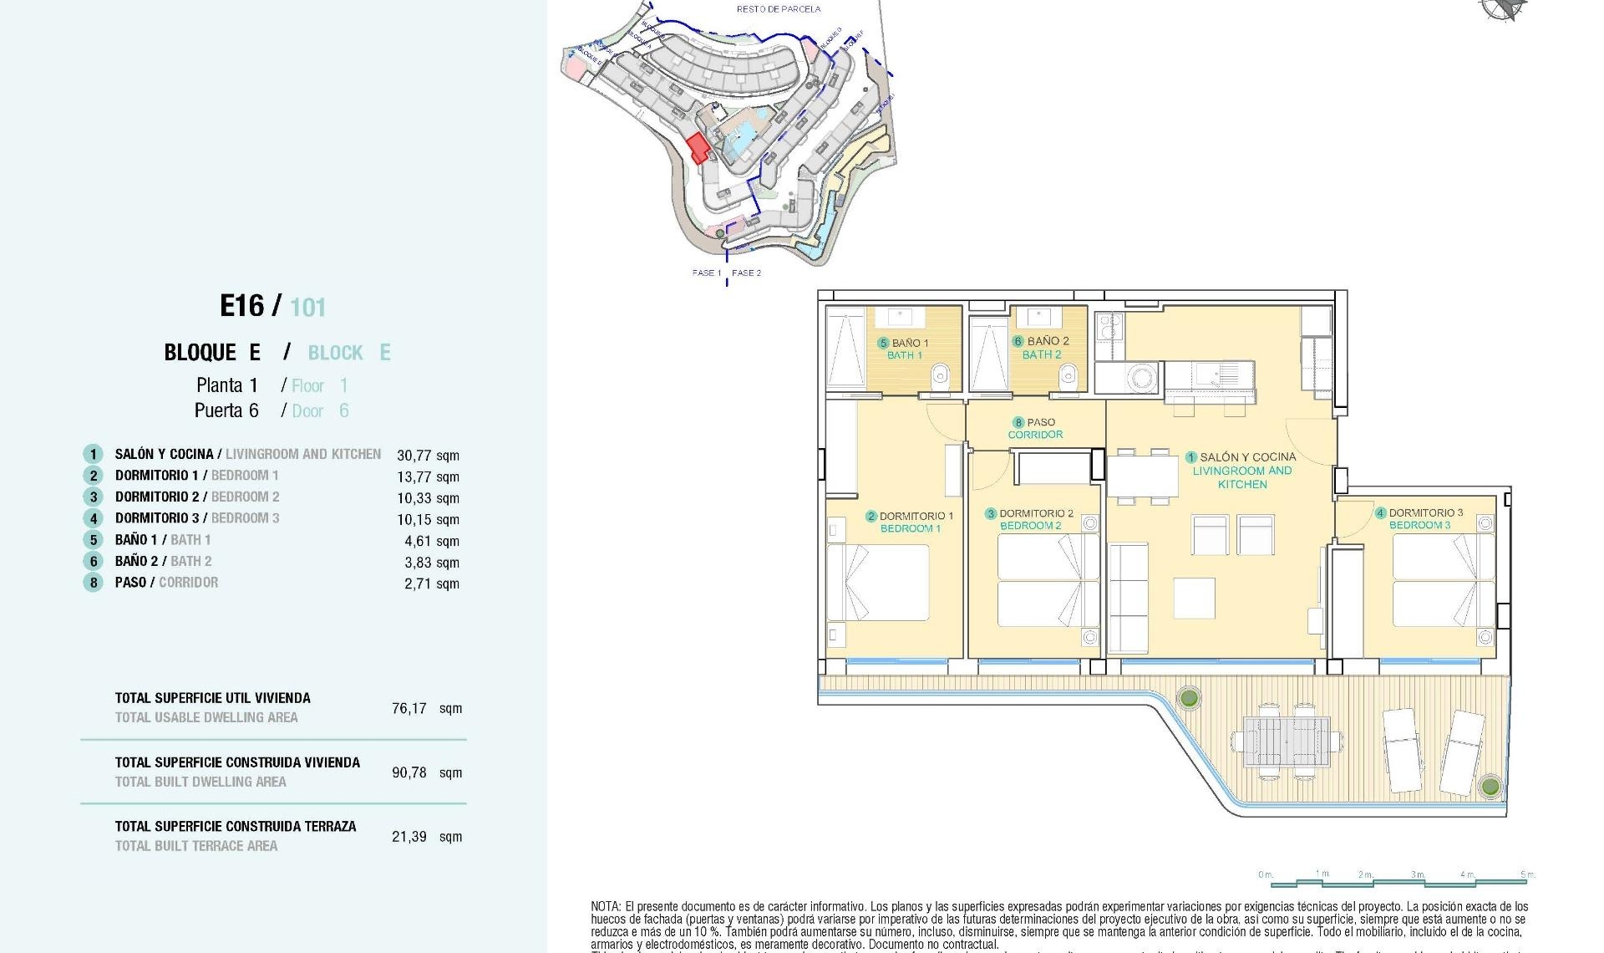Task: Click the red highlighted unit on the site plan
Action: click(x=698, y=148)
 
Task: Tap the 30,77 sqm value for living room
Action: click(x=428, y=456)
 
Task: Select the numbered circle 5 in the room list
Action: click(x=93, y=540)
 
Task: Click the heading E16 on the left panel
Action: click(x=242, y=306)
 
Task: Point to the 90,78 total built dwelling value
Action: click(x=409, y=772)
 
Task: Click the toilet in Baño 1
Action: click(x=940, y=376)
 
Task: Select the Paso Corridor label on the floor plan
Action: click(x=1035, y=428)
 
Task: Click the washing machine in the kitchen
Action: click(x=1141, y=378)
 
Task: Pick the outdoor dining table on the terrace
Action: click(x=1286, y=742)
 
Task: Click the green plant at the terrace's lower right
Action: click(x=1489, y=787)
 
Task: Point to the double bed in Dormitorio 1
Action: click(x=879, y=583)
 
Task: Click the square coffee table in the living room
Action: click(x=1194, y=598)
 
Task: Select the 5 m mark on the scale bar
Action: click(x=1527, y=875)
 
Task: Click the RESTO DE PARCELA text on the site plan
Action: click(x=778, y=9)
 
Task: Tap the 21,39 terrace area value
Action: click(x=409, y=837)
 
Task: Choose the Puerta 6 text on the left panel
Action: click(x=226, y=410)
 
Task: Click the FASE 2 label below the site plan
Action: click(x=746, y=273)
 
